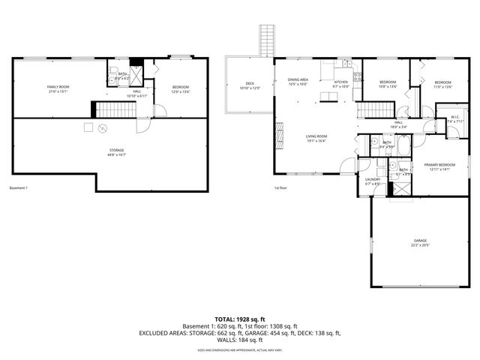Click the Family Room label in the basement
tap(58, 89)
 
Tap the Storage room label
tap(115, 152)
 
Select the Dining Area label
tap(298, 82)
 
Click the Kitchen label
tap(340, 83)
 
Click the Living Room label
tap(316, 138)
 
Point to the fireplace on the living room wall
tap(280, 136)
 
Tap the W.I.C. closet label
tap(455, 118)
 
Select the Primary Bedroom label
tap(439, 166)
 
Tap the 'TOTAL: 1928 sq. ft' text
tap(240, 319)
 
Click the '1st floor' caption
tap(280, 187)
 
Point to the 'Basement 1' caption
tap(18, 187)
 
